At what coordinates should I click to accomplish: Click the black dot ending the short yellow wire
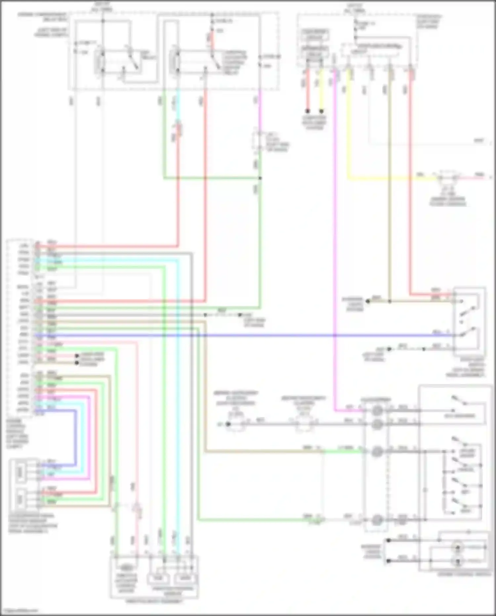[321, 111]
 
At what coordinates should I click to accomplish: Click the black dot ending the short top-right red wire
[308, 111]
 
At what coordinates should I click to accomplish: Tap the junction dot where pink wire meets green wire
[260, 178]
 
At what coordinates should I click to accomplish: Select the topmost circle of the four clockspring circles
[377, 411]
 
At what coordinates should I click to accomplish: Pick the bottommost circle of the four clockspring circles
[377, 520]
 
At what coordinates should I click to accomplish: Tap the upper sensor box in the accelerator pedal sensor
[21, 472]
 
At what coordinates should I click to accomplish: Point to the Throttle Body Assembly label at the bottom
[154, 601]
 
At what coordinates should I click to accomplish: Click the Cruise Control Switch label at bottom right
[464, 574]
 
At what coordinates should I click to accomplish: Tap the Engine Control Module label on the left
[17, 434]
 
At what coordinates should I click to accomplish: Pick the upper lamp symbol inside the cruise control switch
[458, 548]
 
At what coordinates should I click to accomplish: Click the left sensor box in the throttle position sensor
[158, 579]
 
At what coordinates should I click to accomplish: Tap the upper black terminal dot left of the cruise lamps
[389, 541]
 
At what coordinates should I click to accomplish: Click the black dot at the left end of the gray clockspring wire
[228, 424]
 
